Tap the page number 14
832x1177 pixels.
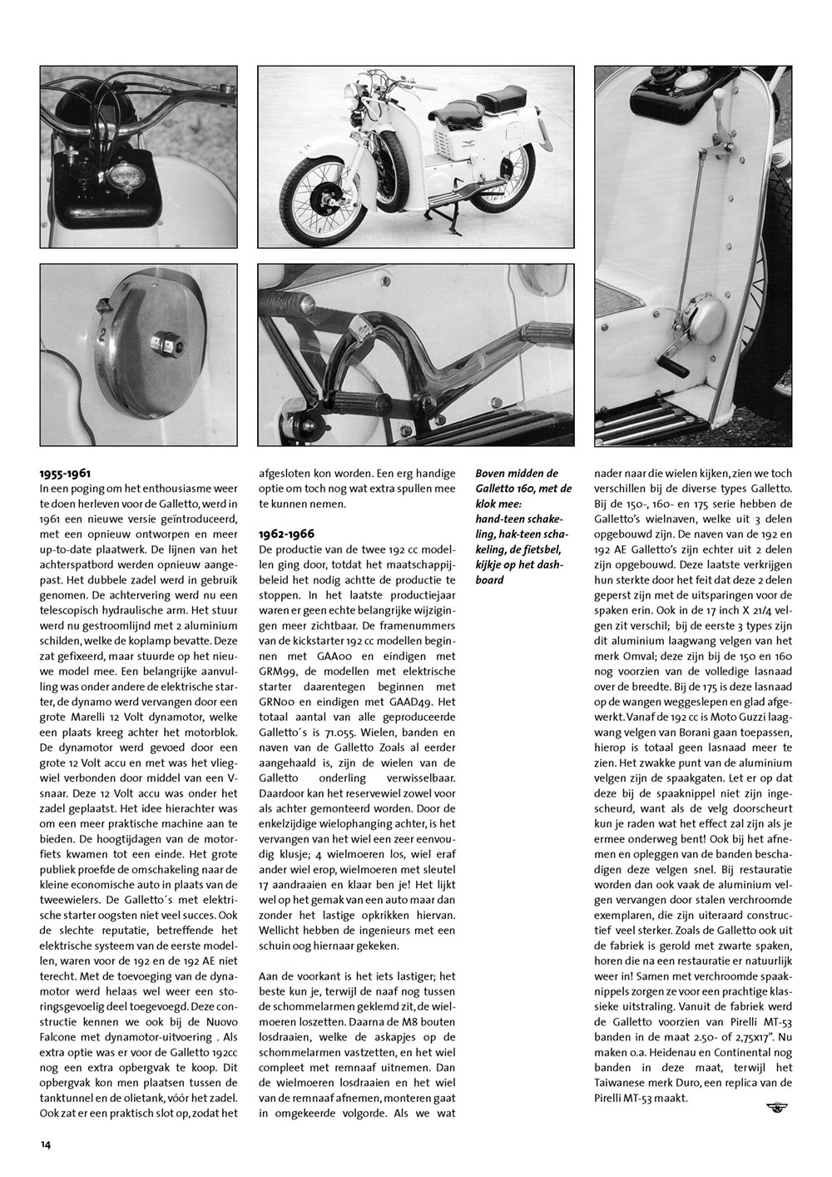45,1145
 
